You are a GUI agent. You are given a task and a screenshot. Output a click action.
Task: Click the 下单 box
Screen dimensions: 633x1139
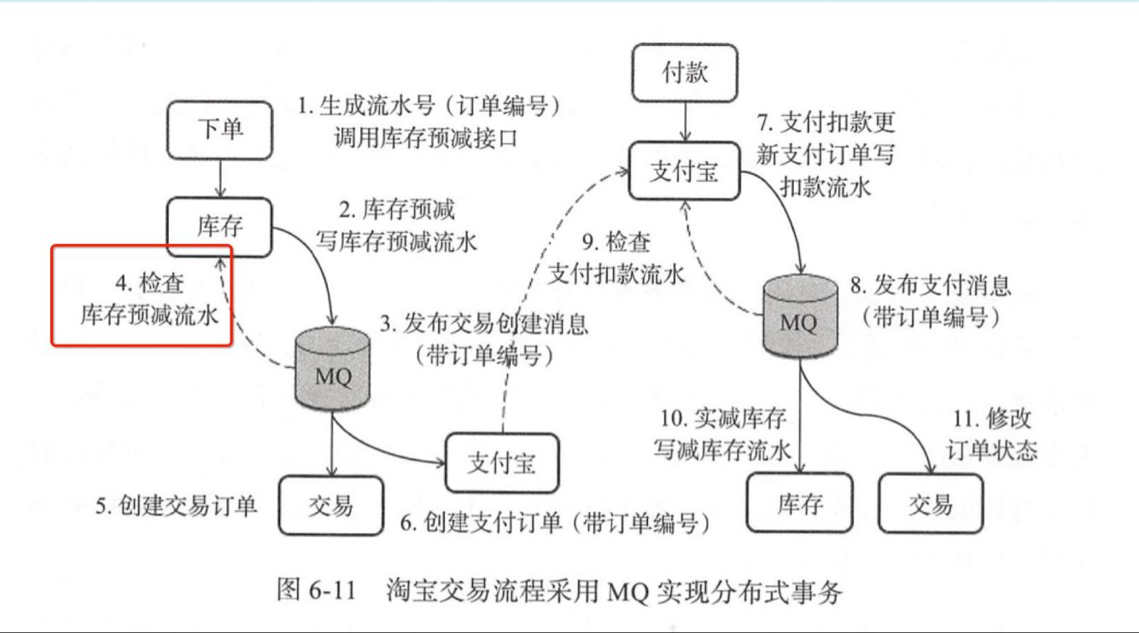pyautogui.click(x=219, y=129)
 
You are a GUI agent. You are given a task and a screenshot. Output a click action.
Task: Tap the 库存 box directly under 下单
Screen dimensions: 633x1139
pyautogui.click(x=219, y=226)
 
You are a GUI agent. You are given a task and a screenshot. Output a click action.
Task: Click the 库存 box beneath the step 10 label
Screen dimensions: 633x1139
pyautogui.click(x=799, y=503)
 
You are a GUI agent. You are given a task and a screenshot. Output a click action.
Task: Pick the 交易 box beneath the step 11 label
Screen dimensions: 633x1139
pyautogui.click(x=931, y=503)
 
